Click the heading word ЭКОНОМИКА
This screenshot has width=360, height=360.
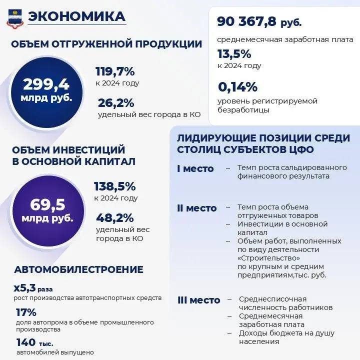77,16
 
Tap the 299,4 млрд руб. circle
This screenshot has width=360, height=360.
46,89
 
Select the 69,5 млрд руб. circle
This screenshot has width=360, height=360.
46,210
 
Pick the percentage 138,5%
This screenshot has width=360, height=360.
115,186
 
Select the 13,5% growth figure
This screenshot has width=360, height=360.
234,54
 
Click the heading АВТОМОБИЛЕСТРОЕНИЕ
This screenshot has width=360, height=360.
79,269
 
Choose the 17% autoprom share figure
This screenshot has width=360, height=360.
26,312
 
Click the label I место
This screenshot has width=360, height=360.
195,168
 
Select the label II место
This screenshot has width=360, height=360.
196,208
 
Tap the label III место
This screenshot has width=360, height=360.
198,300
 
